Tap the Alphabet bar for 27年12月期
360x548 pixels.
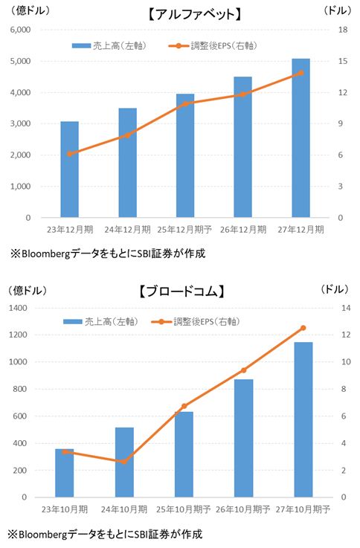[300, 138]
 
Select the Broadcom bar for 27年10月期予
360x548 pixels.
[303, 419]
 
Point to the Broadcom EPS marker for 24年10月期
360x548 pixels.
[124, 462]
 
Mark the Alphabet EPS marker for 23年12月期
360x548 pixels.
[69, 154]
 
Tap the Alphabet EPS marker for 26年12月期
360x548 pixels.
[242, 94]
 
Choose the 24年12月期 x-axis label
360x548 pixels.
[127, 230]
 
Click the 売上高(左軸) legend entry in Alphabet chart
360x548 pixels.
[109, 46]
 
